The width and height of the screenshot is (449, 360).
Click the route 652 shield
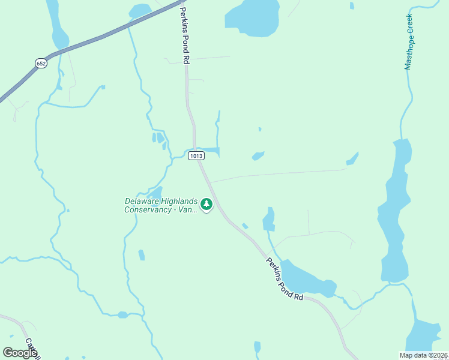41,63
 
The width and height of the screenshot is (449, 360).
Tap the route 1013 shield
196,156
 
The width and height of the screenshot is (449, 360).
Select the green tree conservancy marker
206,205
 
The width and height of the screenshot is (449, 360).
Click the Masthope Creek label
409,42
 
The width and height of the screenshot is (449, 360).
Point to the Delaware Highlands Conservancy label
160,205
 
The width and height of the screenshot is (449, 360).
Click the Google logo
20,353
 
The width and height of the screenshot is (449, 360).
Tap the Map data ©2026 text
423,355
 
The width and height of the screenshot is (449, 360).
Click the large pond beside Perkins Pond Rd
306,279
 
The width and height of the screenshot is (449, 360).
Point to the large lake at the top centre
253,16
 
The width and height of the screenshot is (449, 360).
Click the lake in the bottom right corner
427,336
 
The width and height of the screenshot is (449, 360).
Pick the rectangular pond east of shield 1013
210,151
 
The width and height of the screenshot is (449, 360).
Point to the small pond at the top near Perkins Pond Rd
140,10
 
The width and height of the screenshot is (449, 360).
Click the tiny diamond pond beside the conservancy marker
245,226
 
